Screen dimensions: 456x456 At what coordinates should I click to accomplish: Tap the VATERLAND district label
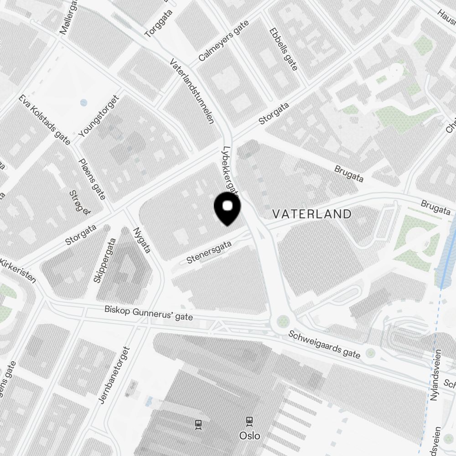[312, 214]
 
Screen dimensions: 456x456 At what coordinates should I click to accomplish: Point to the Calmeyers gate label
[224, 41]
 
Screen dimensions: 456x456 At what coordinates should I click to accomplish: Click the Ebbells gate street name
[283, 49]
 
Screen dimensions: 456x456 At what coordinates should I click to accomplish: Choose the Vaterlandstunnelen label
[192, 91]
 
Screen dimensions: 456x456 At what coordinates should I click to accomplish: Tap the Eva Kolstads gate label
[45, 120]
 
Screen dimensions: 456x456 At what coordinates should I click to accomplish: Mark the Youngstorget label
[99, 116]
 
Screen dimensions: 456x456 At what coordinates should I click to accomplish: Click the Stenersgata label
[209, 252]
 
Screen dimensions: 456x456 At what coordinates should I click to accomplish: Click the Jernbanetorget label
[114, 375]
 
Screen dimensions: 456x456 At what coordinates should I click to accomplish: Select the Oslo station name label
[250, 435]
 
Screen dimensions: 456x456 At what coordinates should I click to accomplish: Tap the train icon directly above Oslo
[249, 420]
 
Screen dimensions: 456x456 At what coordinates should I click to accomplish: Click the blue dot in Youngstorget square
[83, 103]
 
